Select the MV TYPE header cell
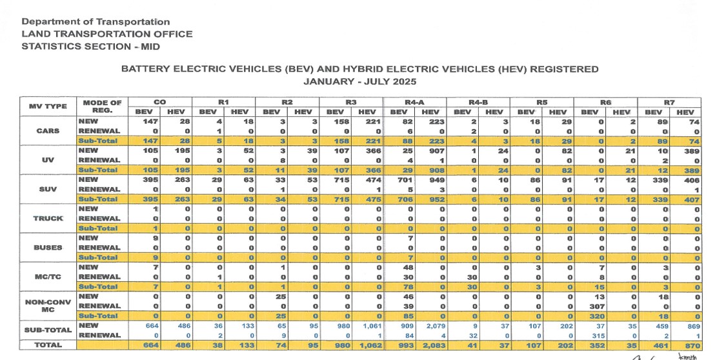pos(48,106)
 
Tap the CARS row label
pos(48,130)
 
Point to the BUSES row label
pos(48,246)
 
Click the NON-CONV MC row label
pos(48,305)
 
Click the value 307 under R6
pos(589,306)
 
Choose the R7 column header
pos(669,102)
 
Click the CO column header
pos(159,102)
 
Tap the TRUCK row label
pos(48,218)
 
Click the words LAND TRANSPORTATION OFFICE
pos(106,34)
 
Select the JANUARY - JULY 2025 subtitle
pos(359,82)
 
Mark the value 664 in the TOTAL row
pos(151,345)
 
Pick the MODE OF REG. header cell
pos(102,106)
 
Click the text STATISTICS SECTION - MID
pos(90,46)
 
